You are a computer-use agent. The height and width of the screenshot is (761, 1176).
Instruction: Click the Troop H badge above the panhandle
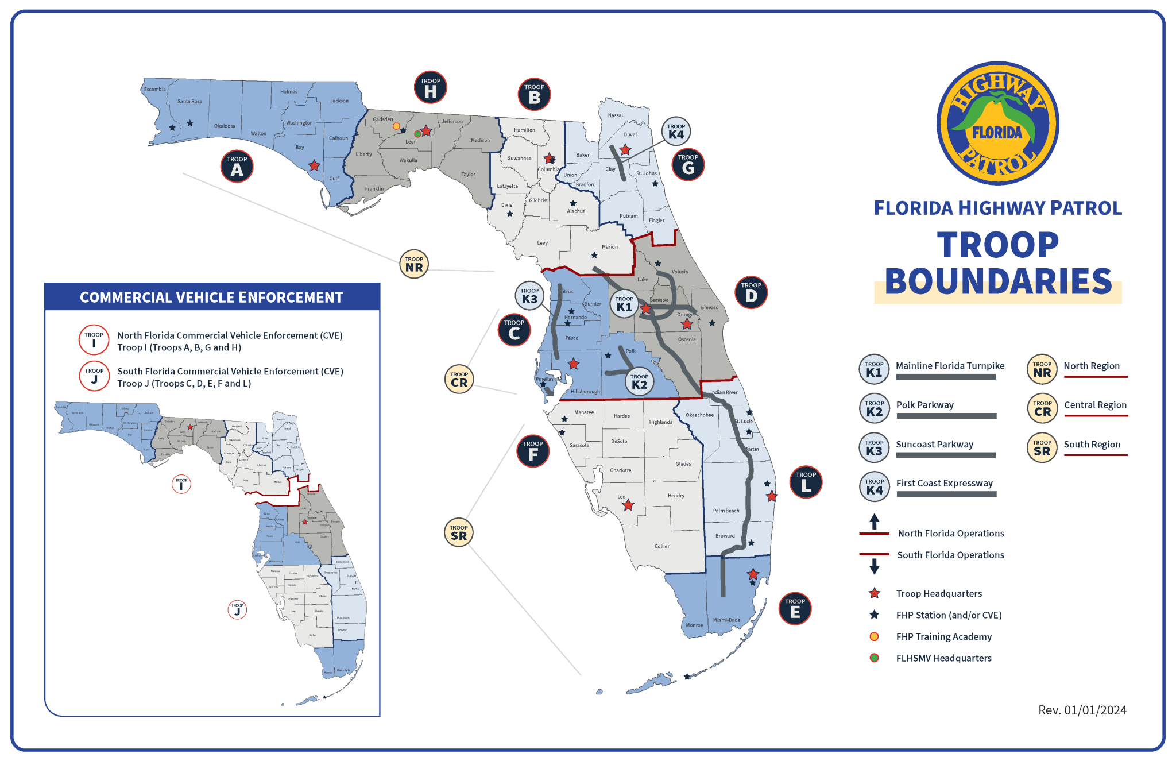tap(430, 87)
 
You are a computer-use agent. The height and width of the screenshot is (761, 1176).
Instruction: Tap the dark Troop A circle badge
tap(237, 167)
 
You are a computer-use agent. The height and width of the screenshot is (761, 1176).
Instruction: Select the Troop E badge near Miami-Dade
tap(795, 609)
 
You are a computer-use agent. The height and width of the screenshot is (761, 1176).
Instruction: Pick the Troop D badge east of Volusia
tap(751, 293)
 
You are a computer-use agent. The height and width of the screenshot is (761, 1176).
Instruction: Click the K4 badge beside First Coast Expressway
tap(874, 486)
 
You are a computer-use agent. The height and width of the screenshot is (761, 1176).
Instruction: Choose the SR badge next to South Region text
tap(1042, 447)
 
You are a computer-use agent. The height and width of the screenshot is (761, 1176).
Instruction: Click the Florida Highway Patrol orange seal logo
tap(997, 123)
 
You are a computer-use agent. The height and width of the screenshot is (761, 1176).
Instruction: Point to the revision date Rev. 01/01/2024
tap(1082, 710)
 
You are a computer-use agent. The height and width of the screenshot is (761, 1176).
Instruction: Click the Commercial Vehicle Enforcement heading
tap(211, 298)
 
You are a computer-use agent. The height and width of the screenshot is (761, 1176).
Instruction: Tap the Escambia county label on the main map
tap(154, 89)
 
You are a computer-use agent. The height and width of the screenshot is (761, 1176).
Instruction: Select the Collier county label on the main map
tap(661, 546)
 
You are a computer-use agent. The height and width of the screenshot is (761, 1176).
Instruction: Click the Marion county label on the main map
tap(609, 247)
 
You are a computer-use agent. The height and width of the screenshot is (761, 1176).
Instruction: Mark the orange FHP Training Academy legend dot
tap(874, 636)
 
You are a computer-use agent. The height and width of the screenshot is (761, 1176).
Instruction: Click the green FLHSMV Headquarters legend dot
tap(874, 658)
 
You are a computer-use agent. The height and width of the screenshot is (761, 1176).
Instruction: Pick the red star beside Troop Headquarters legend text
tap(874, 593)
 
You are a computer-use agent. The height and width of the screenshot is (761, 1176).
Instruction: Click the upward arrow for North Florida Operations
tap(874, 522)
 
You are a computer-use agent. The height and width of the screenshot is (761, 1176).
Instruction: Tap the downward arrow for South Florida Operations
tap(874, 566)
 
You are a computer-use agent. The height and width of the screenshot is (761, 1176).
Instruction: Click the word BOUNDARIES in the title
tap(998, 281)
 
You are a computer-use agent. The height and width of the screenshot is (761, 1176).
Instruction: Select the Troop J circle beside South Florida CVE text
tap(94, 376)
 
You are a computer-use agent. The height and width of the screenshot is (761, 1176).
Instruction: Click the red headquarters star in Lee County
tap(628, 505)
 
